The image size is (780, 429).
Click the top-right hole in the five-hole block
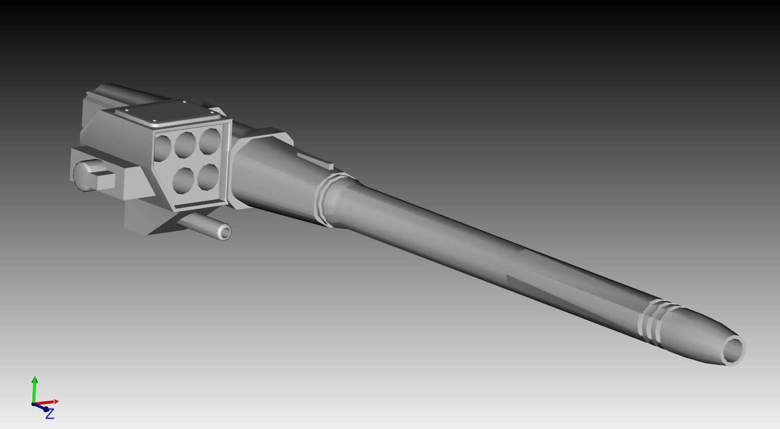[209, 140]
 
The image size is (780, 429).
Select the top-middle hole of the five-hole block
[185, 144]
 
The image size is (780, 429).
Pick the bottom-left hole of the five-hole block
[183, 180]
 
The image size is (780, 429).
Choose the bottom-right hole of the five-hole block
[208, 176]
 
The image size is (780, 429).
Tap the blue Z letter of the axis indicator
[50, 414]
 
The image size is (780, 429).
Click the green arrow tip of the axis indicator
[34, 379]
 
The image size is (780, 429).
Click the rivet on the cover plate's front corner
[155, 121]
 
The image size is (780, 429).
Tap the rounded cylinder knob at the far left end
[81, 175]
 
